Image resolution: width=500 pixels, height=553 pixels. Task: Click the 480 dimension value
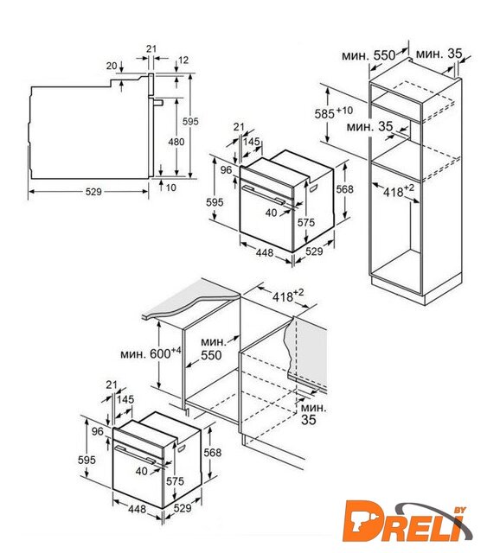176,142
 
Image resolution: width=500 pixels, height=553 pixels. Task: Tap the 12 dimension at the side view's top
183,60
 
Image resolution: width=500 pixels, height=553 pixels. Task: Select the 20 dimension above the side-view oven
112,66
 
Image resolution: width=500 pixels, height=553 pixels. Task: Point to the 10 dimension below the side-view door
171,188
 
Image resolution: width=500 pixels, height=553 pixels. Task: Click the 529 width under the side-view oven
93,192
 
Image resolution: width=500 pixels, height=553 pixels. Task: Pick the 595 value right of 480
190,121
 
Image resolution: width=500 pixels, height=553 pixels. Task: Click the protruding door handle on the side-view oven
157,103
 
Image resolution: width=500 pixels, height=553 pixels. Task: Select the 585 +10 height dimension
334,113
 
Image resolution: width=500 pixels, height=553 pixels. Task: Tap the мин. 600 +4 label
151,353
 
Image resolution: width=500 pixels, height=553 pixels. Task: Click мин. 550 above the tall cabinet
369,55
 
